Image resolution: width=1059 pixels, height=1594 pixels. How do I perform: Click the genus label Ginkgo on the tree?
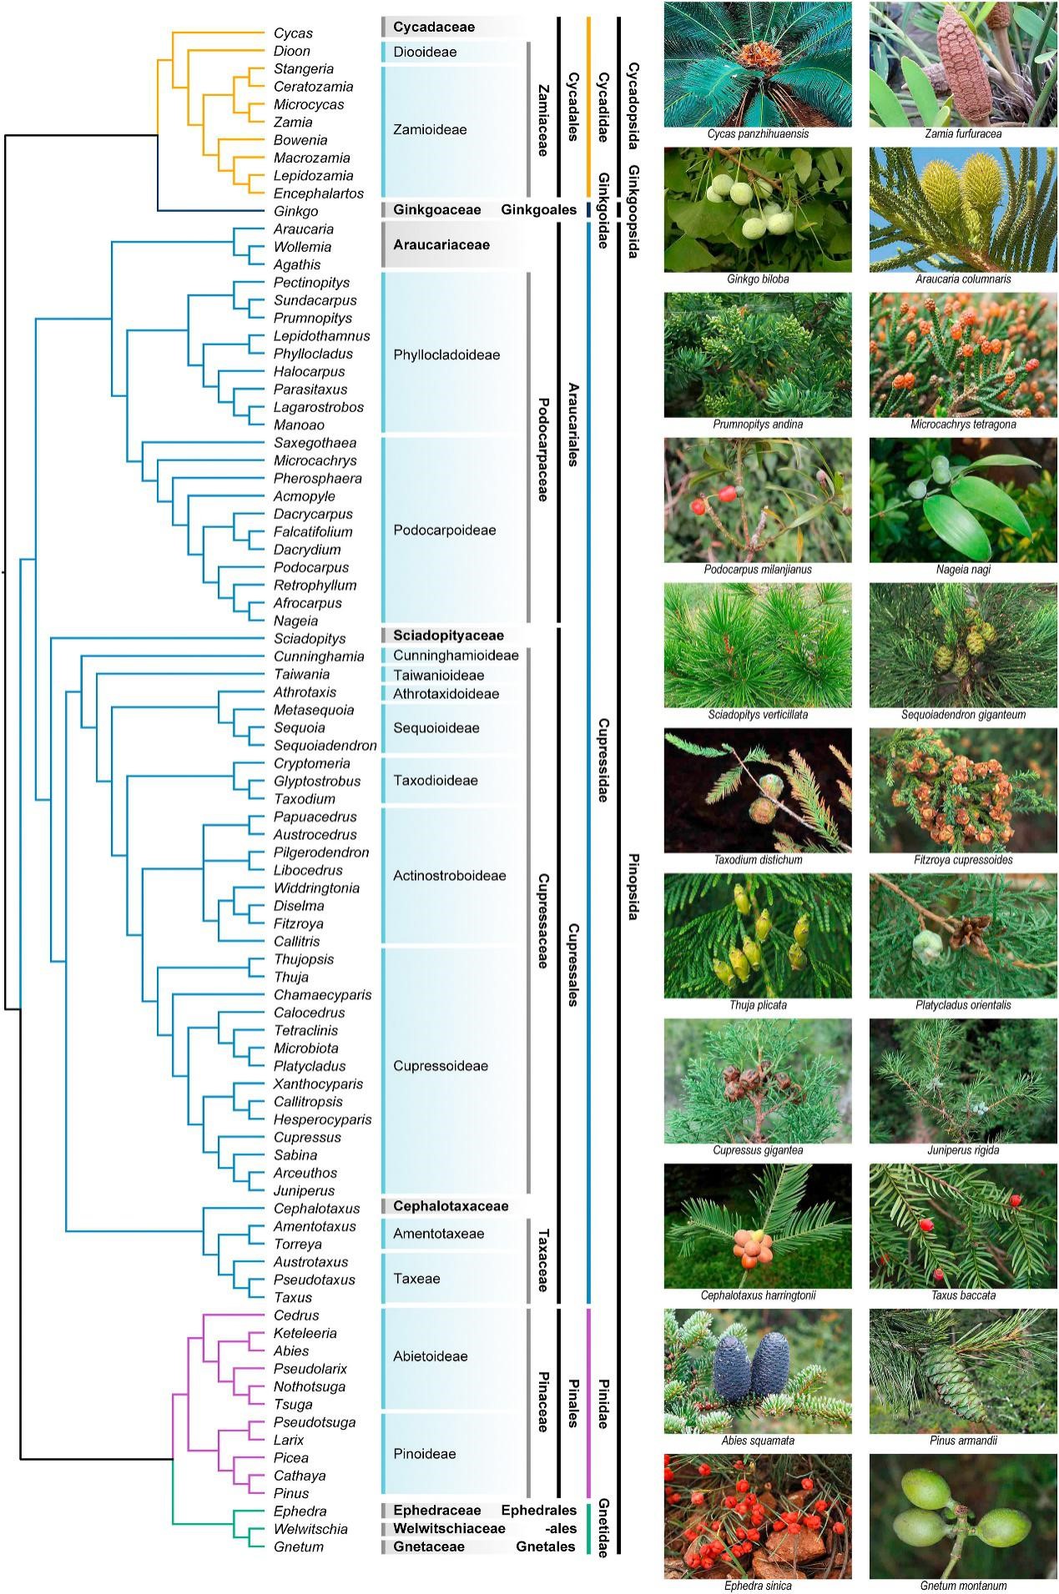coord(295,212)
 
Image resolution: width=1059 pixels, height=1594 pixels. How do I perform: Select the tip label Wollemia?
coord(302,247)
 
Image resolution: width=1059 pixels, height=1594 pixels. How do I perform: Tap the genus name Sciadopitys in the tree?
coord(310,639)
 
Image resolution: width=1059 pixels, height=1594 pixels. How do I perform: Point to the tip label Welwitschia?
coord(310,1529)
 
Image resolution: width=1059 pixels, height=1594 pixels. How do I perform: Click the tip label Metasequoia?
coord(314,710)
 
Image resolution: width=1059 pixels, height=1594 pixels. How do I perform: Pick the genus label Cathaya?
coord(300,1476)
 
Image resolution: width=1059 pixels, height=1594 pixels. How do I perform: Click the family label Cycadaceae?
coord(434,27)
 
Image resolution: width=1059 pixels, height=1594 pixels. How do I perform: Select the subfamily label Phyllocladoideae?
coord(446,355)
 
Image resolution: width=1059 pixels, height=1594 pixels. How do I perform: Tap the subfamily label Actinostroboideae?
coord(450,876)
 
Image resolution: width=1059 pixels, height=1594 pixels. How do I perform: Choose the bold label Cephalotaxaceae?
coord(451,1206)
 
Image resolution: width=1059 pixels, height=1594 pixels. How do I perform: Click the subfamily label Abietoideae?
coord(431,1356)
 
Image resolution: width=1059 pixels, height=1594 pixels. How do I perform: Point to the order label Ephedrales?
coord(538,1511)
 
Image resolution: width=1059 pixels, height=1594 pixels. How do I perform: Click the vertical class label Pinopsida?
coord(632,887)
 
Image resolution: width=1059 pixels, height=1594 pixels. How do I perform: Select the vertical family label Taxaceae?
coord(542,1260)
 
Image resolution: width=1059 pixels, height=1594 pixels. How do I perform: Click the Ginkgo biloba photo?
coord(758,209)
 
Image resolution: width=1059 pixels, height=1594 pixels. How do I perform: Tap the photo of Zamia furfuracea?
coord(963,65)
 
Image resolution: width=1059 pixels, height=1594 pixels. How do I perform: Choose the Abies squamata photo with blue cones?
coord(758,1371)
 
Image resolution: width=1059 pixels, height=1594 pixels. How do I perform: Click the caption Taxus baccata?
coord(963,1295)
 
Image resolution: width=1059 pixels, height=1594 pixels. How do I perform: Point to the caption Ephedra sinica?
coord(758,1586)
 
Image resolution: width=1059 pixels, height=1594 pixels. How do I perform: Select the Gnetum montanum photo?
coord(963,1516)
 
